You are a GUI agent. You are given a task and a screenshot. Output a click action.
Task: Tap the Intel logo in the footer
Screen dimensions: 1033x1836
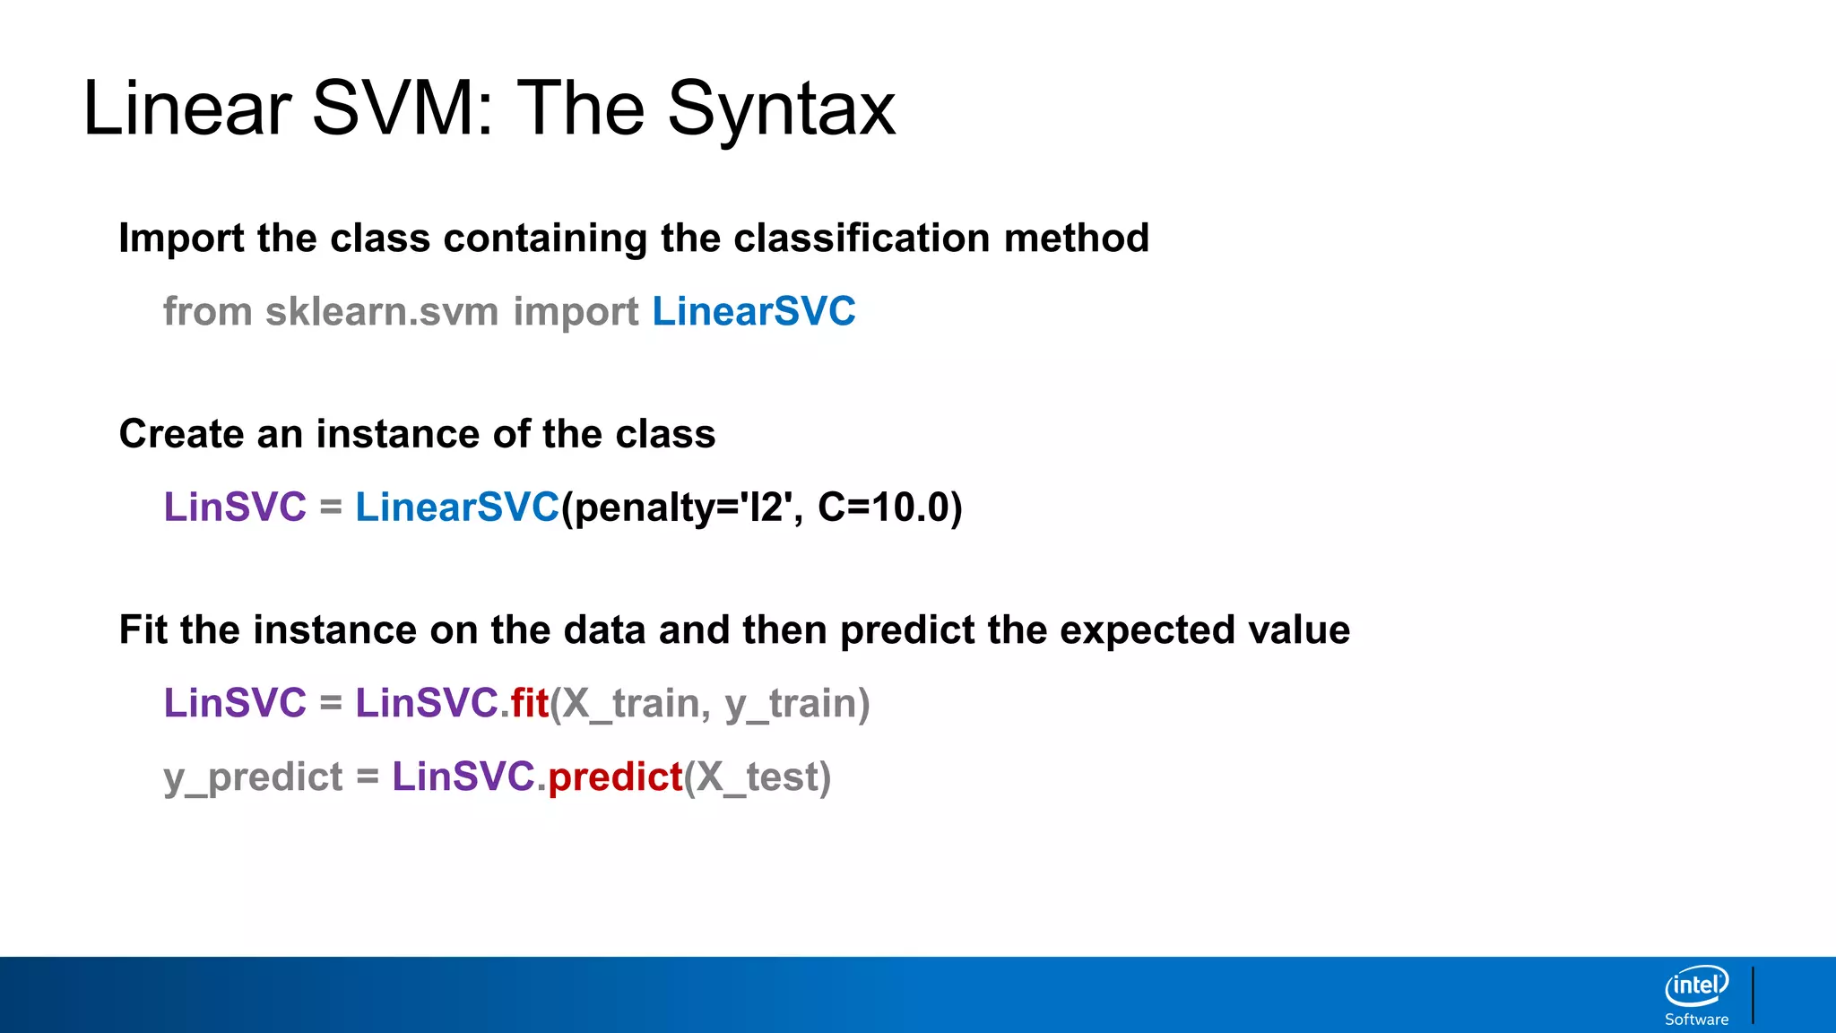click(x=1696, y=986)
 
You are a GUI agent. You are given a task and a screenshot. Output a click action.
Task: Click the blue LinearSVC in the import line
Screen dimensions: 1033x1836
click(x=753, y=311)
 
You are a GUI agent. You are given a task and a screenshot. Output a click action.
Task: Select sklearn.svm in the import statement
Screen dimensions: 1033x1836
click(x=382, y=311)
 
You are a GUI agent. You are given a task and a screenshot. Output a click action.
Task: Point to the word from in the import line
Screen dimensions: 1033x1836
click(x=207, y=311)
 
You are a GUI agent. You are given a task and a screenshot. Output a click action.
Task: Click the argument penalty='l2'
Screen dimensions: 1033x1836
click(x=685, y=508)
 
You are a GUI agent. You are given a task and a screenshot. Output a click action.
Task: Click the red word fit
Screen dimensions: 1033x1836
click(x=529, y=703)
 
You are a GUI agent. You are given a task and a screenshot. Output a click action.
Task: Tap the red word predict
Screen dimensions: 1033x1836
click(x=615, y=777)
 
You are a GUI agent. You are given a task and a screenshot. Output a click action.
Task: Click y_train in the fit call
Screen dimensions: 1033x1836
click(x=791, y=703)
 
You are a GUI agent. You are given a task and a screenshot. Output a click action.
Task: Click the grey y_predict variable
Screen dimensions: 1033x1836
click(x=253, y=777)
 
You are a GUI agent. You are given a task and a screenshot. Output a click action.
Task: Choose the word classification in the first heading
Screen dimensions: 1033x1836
click(x=862, y=239)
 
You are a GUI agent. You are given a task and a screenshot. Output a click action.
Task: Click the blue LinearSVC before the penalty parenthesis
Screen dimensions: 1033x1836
click(x=457, y=508)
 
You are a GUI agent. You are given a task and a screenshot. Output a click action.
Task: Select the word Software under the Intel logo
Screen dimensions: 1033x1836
click(x=1696, y=1020)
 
